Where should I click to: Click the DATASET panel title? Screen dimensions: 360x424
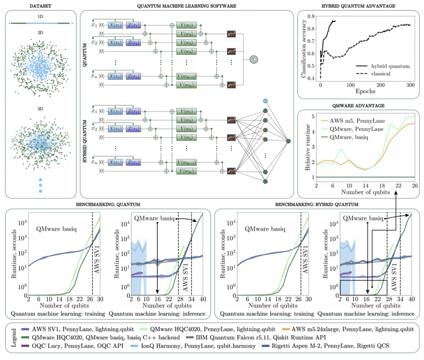(x=40, y=6)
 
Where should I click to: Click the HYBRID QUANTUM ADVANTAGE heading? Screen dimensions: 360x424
(x=358, y=6)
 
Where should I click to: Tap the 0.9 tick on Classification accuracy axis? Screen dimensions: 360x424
(x=311, y=16)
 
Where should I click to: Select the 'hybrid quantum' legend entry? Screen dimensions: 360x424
(x=390, y=66)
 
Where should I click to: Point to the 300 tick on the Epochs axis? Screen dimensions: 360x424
(x=411, y=85)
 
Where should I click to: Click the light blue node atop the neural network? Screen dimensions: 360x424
(x=265, y=101)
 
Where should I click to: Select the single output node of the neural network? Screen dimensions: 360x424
(x=289, y=141)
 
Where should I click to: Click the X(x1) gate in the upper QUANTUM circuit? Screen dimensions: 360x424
(x=116, y=25)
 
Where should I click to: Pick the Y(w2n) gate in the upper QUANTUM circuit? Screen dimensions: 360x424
(x=186, y=85)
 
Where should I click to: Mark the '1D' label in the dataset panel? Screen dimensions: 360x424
(x=40, y=17)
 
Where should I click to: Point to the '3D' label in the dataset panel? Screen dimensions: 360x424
(x=40, y=109)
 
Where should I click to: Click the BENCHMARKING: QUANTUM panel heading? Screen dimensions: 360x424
(x=108, y=204)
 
